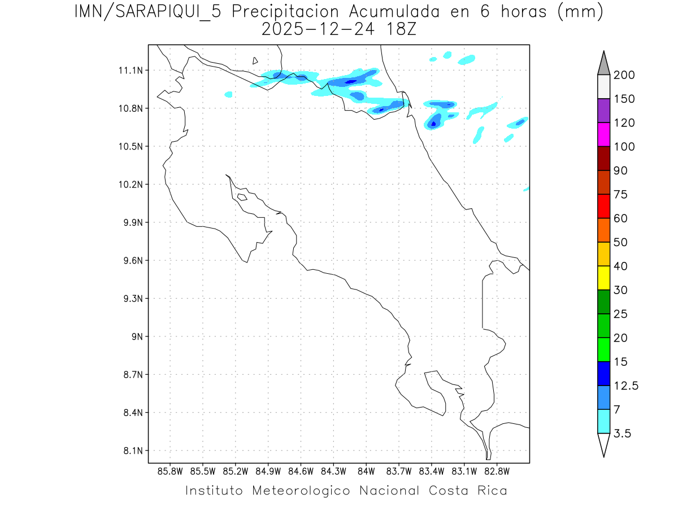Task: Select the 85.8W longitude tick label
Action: point(171,471)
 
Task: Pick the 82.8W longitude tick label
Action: point(497,471)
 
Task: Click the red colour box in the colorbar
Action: point(603,206)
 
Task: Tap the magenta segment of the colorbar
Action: point(603,134)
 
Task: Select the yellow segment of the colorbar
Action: point(603,278)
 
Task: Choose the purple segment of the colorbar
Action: point(603,111)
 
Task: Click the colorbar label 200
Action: point(624,75)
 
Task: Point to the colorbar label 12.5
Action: point(626,386)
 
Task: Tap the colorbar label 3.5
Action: point(623,433)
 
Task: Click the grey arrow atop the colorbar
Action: point(603,63)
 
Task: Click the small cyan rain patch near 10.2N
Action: point(527,189)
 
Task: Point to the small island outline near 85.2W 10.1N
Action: point(242,197)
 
